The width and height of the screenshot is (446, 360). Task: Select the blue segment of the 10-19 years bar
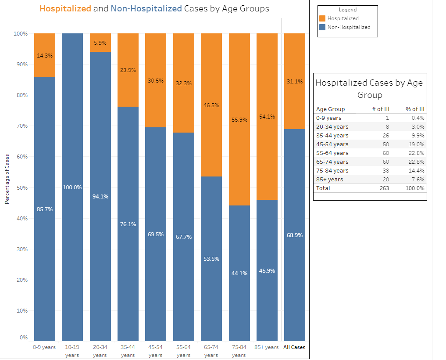[72, 132]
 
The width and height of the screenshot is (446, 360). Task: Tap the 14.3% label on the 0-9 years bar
[45, 56]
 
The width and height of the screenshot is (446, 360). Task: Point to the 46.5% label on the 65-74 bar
[211, 105]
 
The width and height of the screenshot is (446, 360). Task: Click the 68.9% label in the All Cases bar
[294, 235]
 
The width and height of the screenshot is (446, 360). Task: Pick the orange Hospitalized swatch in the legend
[323, 18]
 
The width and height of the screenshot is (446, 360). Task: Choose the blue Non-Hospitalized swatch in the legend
[323, 27]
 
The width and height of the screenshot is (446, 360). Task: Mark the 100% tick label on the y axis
[21, 34]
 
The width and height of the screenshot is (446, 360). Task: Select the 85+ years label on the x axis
[267, 347]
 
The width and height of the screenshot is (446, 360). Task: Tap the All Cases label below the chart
[294, 347]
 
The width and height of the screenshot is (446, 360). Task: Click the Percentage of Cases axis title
[7, 179]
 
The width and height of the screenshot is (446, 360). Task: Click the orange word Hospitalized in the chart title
[65, 8]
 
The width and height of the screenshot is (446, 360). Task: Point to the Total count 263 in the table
[383, 188]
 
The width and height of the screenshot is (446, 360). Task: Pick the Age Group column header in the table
[330, 109]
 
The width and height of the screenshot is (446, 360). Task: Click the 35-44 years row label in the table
[332, 136]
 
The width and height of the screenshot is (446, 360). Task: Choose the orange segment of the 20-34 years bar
[100, 43]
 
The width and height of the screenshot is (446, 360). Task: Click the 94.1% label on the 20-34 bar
[100, 197]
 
